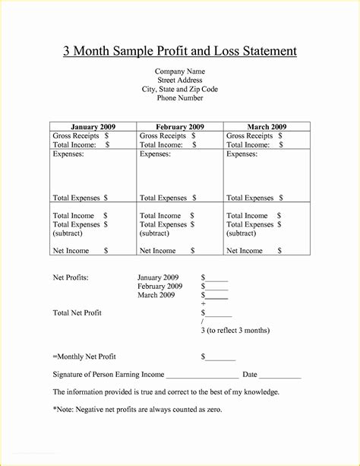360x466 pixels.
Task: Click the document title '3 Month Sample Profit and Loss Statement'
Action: (180, 51)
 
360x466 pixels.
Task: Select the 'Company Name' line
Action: (180, 71)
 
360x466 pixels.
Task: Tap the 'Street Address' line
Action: (180, 81)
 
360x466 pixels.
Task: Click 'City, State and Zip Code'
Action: (180, 90)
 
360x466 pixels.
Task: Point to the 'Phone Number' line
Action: (180, 99)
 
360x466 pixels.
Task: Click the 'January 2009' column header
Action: (93, 126)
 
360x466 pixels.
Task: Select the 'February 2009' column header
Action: (180, 126)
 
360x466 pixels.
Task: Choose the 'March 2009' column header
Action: (267, 126)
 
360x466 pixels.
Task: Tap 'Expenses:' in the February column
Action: (155, 154)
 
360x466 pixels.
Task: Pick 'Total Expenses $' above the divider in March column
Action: (254, 198)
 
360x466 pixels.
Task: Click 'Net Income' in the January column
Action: (71, 250)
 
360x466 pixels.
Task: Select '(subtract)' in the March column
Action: (243, 233)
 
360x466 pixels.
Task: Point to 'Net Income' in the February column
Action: (158, 250)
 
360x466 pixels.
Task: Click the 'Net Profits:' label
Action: (71, 277)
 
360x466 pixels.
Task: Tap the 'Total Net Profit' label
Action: (77, 312)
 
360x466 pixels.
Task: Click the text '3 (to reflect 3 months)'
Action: (235, 331)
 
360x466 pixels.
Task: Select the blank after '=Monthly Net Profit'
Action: (220, 357)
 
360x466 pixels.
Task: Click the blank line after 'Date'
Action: (282, 376)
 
